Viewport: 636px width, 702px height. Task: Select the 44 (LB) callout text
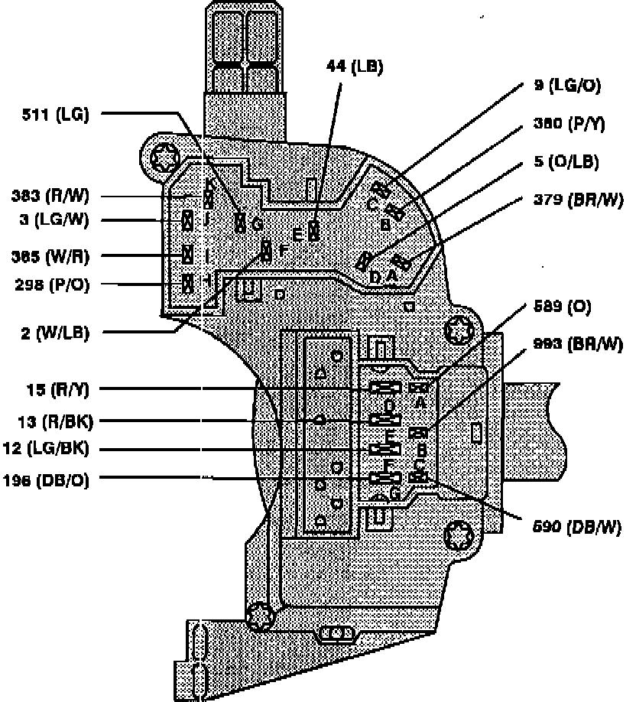(x=354, y=67)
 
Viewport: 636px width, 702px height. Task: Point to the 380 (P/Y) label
(x=569, y=123)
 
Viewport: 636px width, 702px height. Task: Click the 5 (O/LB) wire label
(x=566, y=161)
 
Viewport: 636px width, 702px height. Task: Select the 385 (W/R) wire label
(x=50, y=255)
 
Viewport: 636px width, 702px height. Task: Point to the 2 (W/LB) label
(x=56, y=333)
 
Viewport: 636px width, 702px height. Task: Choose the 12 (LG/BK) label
(x=49, y=449)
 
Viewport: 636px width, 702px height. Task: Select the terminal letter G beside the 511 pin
(x=258, y=224)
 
